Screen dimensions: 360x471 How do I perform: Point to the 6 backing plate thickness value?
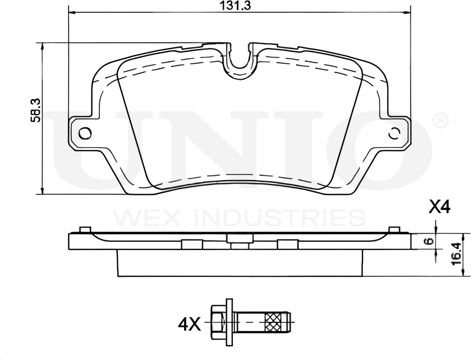click(428, 241)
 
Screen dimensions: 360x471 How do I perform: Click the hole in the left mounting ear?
click(85, 133)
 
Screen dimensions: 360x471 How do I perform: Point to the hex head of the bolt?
click(217, 321)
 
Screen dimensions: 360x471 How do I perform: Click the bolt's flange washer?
click(229, 321)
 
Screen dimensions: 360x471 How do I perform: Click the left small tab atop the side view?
click(85, 230)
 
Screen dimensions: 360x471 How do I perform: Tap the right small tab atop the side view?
click(394, 230)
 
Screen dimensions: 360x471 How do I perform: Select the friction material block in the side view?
click(240, 263)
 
